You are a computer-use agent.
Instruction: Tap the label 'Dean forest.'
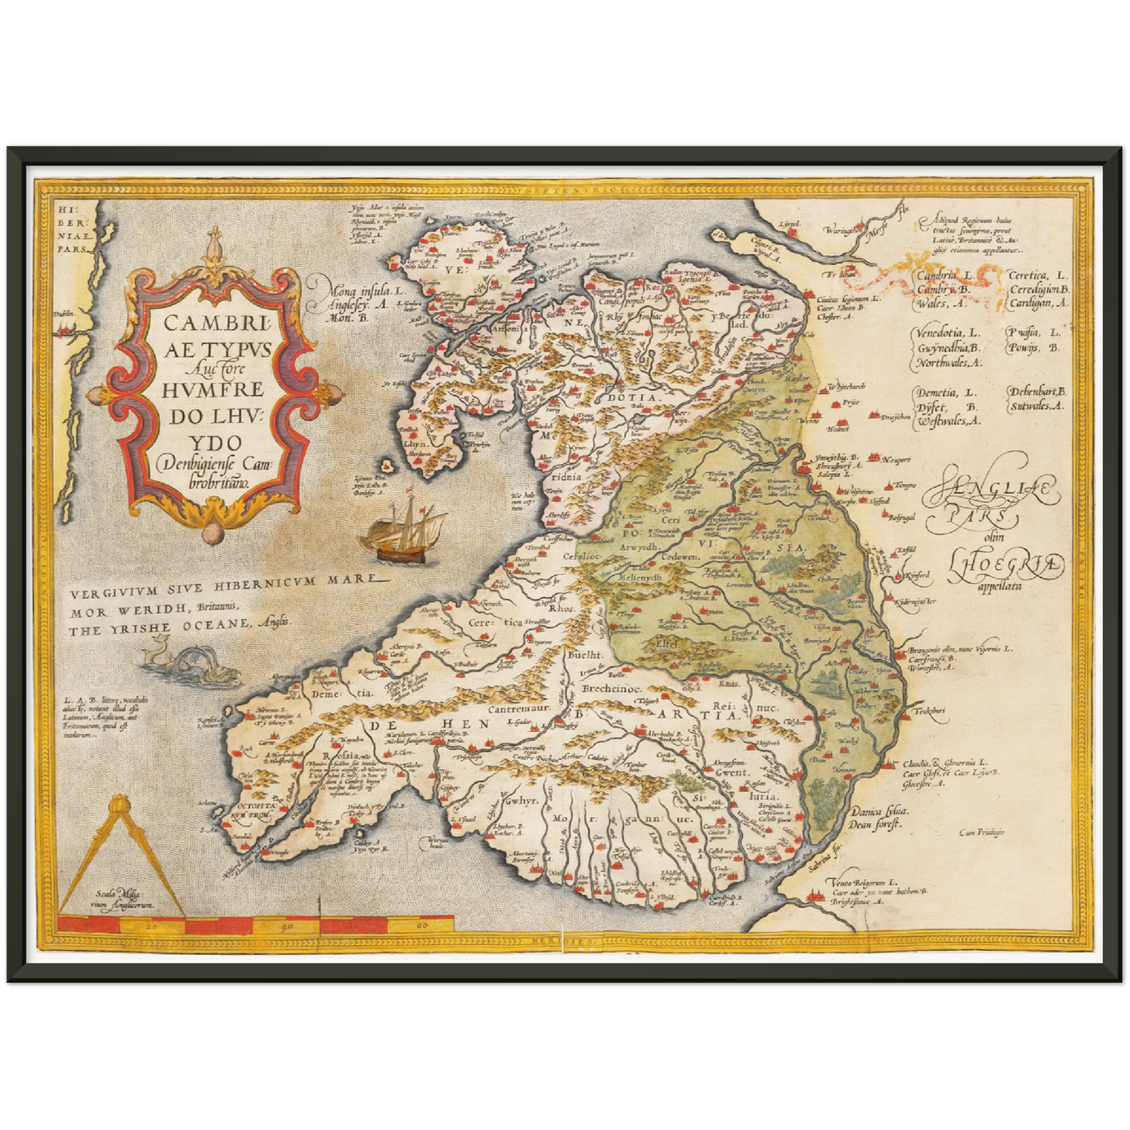877,823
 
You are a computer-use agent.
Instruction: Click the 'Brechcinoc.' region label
611,689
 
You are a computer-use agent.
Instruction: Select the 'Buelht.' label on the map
585,656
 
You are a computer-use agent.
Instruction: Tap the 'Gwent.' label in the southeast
731,772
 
